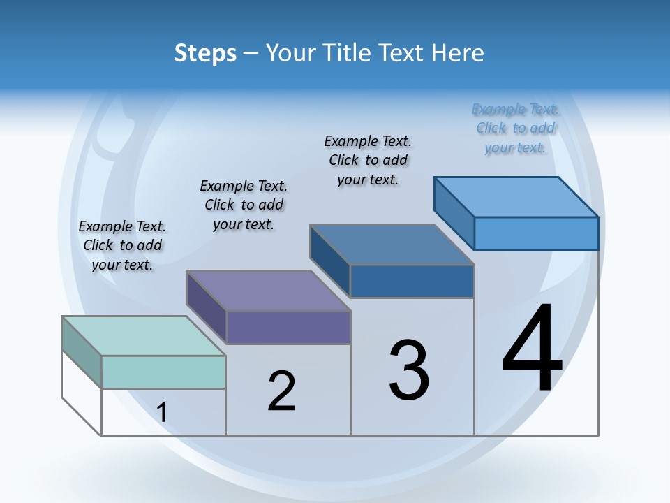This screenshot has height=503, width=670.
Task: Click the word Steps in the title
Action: tap(205, 54)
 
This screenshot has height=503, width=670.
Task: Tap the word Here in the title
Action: tap(458, 54)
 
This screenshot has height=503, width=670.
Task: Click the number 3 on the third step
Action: tap(409, 370)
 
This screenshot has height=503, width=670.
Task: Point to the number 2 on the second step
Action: tap(282, 391)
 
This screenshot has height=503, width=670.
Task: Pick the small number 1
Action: tap(162, 412)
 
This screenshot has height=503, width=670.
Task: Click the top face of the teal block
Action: tap(144, 336)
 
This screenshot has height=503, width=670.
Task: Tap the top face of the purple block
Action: tap(268, 291)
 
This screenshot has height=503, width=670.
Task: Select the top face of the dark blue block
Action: tap(392, 245)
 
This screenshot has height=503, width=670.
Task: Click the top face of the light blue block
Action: tap(516, 197)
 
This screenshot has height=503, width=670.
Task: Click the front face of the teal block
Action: tap(163, 372)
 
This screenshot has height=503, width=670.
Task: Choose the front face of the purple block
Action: tap(288, 327)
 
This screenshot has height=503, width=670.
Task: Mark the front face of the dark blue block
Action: tap(412, 281)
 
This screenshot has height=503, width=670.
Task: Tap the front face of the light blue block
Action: tap(536, 233)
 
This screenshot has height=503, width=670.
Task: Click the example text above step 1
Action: tap(122, 245)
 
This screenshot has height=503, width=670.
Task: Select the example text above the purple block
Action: tap(244, 205)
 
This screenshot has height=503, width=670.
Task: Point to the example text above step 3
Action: tap(368, 160)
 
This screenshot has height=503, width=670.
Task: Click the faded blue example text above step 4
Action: tap(515, 128)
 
